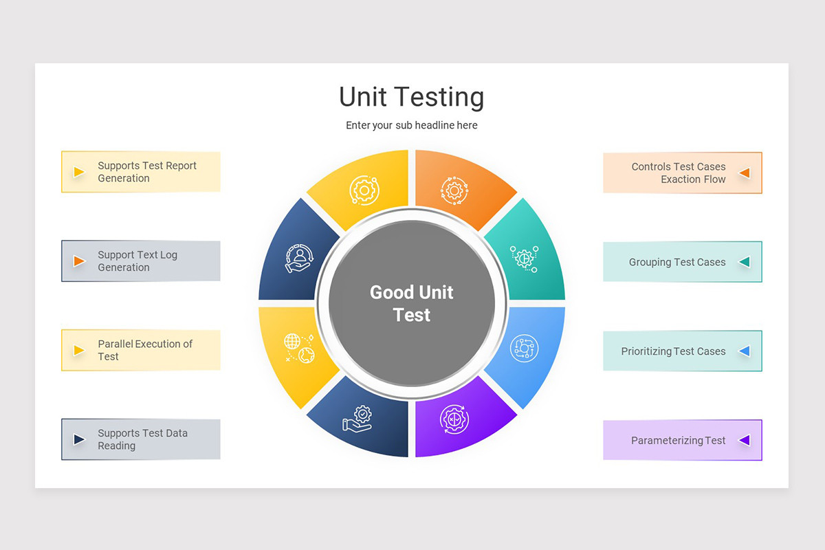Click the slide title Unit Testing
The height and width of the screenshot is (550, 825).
pyautogui.click(x=411, y=97)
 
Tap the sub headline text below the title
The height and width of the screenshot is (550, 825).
pyautogui.click(x=411, y=125)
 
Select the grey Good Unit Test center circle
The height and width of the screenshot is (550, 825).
pyautogui.click(x=412, y=303)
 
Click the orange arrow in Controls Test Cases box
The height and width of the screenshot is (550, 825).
pyautogui.click(x=745, y=173)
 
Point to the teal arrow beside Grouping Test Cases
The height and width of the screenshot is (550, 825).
pyautogui.click(x=745, y=262)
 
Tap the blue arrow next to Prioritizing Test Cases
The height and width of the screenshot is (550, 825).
pyautogui.click(x=745, y=351)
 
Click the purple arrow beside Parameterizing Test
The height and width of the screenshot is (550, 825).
pyautogui.click(x=745, y=440)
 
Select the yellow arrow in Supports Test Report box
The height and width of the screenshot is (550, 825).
pyautogui.click(x=79, y=172)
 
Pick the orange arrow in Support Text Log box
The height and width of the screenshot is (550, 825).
pyautogui.click(x=79, y=261)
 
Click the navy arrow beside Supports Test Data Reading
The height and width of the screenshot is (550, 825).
pyautogui.click(x=79, y=439)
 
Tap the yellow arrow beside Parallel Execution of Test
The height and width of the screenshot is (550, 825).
pyautogui.click(x=79, y=351)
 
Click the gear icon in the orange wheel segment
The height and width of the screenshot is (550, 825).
pyautogui.click(x=454, y=190)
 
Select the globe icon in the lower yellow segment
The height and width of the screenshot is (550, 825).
pyautogui.click(x=299, y=348)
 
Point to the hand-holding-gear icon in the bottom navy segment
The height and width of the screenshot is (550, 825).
pyautogui.click(x=357, y=419)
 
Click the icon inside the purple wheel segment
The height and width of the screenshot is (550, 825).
pyautogui.click(x=454, y=419)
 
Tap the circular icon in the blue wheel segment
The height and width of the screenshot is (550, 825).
pyautogui.click(x=524, y=348)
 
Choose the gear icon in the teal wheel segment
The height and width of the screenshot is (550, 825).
pyautogui.click(x=524, y=259)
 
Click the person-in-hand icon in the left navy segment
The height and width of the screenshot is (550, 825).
pyautogui.click(x=299, y=258)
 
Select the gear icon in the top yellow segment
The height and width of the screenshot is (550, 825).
pyautogui.click(x=364, y=190)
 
